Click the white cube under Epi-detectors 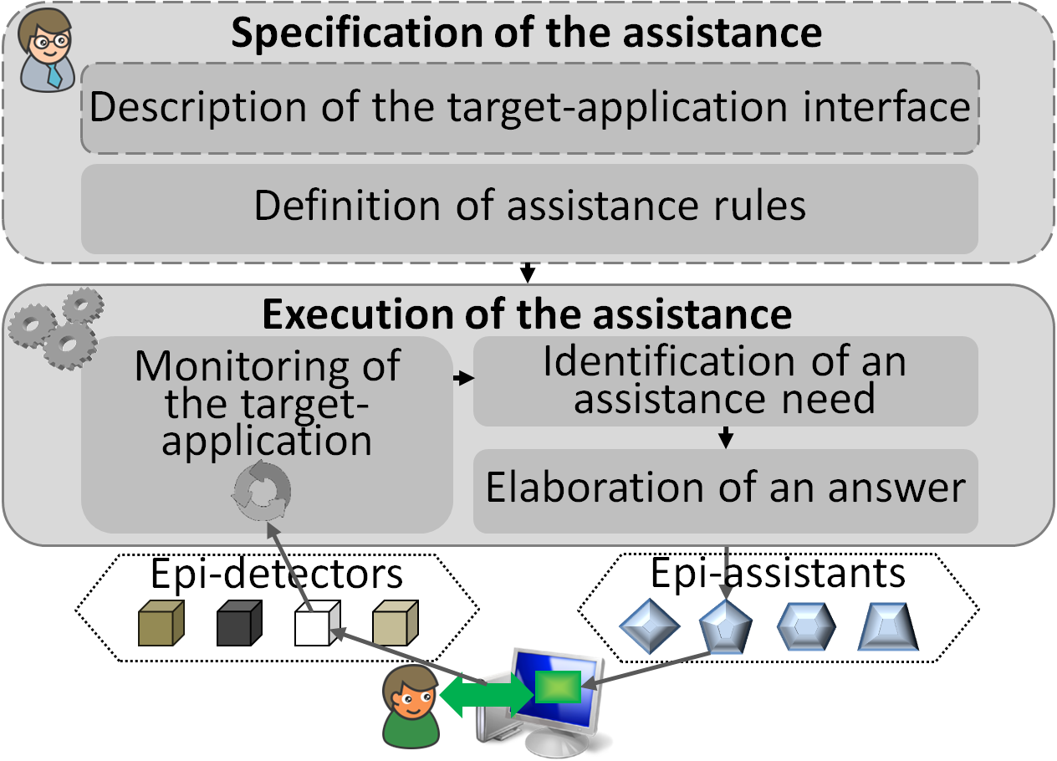(317, 623)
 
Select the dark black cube (239, 623)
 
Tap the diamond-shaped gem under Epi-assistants (649, 626)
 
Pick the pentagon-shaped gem (725, 626)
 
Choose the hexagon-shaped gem (806, 626)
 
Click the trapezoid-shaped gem (888, 626)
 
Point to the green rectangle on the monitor (558, 687)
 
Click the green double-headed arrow (487, 695)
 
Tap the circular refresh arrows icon (262, 491)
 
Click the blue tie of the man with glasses (54, 75)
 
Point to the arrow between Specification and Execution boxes (528, 273)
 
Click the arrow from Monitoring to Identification (463, 378)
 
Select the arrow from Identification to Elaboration (726, 437)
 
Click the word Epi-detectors (277, 575)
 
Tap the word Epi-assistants (779, 573)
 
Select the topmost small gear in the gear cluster (83, 306)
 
